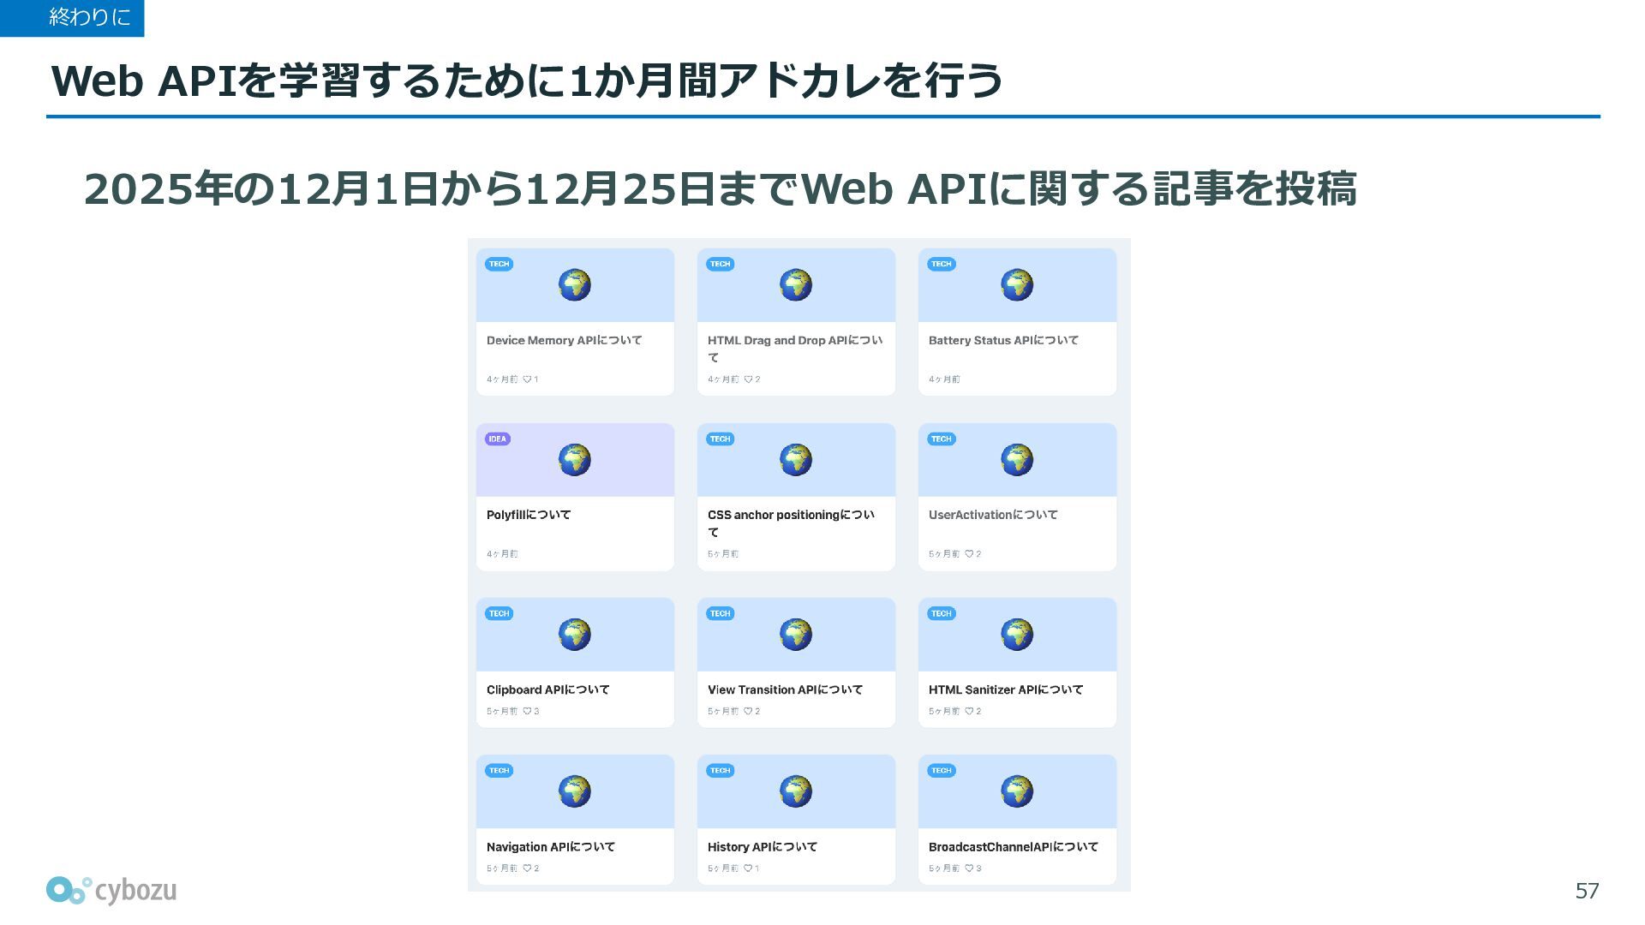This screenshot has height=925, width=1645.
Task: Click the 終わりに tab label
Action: tap(89, 16)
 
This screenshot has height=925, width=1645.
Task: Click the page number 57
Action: tap(1587, 891)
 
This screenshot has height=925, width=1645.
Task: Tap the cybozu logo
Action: tap(111, 890)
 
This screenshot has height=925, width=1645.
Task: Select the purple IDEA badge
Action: tap(498, 439)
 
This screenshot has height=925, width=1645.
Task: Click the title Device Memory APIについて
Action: tap(564, 340)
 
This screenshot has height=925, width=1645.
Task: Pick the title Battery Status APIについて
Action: tap(1003, 340)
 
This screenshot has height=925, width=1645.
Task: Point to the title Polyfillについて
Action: tap(529, 515)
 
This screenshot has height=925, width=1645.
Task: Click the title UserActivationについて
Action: tap(993, 515)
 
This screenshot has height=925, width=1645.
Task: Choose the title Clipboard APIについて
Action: tap(547, 689)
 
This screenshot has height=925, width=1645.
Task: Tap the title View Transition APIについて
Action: tap(785, 689)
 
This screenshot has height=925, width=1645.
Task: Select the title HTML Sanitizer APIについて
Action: tap(1006, 689)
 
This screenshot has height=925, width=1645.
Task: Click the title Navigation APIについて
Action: tap(551, 847)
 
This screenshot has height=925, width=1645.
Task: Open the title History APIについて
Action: tap(763, 847)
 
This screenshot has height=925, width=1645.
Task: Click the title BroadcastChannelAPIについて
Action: tap(1014, 847)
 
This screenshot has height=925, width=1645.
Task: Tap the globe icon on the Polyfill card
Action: tap(575, 460)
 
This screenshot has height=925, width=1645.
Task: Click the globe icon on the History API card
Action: tap(796, 791)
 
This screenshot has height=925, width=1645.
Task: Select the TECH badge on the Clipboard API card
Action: tap(499, 613)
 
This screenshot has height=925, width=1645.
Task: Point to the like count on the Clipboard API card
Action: tap(531, 711)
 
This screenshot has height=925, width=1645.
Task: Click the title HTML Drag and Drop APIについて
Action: tap(795, 349)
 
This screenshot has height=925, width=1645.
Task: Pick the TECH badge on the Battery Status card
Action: tap(942, 264)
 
